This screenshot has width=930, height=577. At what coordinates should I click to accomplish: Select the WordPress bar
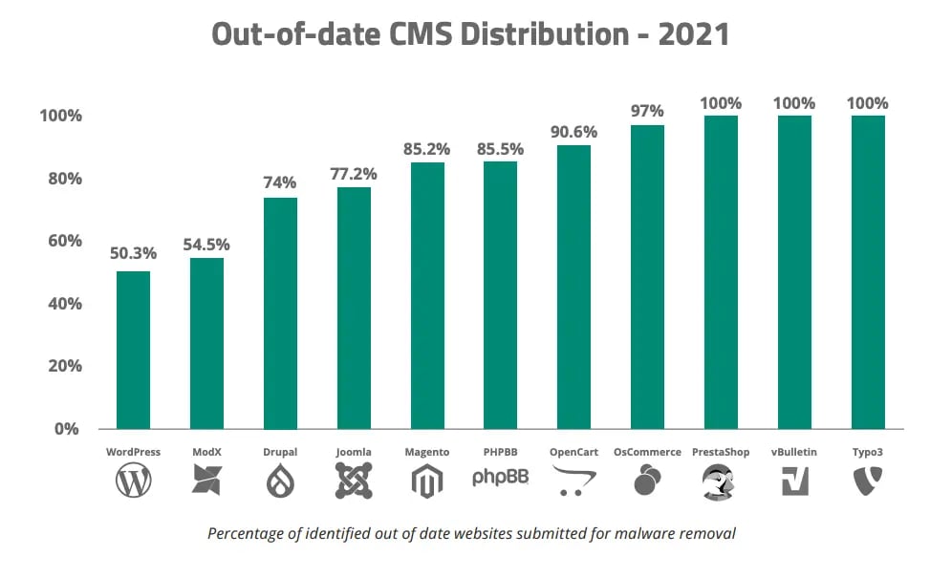pos(134,350)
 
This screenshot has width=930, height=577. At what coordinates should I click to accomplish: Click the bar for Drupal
pos(280,312)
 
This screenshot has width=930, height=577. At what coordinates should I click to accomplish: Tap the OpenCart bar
pos(573,287)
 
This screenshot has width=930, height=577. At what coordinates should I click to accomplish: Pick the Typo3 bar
pos(868,272)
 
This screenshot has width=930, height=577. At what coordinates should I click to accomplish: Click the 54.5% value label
pos(206,245)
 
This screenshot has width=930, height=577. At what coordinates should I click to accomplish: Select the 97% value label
pos(647,111)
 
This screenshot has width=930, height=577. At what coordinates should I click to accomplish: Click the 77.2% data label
pos(354,174)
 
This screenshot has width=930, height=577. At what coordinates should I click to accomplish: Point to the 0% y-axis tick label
pos(66,429)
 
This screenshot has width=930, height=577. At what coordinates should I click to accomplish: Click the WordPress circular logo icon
pos(134,481)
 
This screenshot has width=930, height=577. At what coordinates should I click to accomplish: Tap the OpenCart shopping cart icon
pos(573,481)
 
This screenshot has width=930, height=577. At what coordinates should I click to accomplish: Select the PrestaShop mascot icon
pos(721,481)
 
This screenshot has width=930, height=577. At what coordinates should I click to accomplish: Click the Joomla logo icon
pos(354,481)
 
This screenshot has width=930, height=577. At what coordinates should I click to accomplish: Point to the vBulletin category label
pos(794,452)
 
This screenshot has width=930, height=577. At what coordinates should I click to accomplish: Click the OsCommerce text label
pos(647,452)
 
